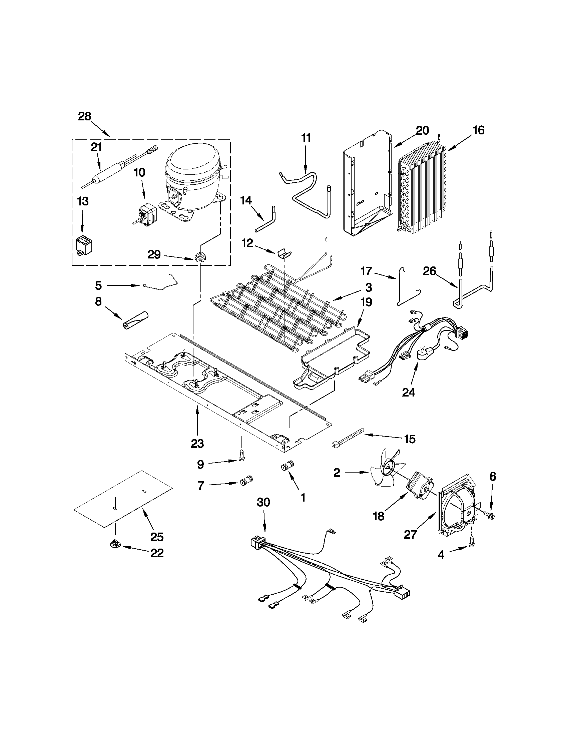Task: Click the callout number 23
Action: pos(197,444)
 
